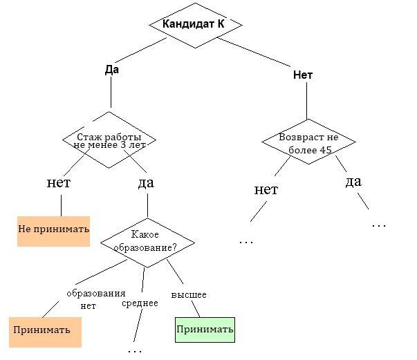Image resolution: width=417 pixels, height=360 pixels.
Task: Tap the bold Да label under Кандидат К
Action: coord(112,69)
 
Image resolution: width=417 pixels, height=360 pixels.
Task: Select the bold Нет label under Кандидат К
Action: coord(303,75)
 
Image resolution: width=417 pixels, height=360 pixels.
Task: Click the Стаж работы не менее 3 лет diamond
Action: coord(109,140)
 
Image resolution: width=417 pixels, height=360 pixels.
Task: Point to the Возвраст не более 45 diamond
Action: coord(308,143)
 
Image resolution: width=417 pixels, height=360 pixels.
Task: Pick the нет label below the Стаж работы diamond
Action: coord(59,183)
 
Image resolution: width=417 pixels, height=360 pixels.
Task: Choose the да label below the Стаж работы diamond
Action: coord(146,183)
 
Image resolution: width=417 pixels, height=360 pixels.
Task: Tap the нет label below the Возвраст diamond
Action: coord(266,189)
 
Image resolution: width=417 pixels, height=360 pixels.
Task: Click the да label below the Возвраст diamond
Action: coord(353,182)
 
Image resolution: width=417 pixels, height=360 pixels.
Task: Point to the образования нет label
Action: coord(95,299)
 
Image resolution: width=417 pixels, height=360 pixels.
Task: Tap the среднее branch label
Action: coord(139,303)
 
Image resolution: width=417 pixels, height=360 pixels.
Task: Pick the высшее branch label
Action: coord(189,295)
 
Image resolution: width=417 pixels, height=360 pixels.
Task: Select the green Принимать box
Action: coord(205,330)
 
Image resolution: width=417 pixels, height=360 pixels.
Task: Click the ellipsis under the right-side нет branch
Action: coord(246,242)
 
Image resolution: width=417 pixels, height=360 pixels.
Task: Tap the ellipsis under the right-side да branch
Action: coord(378,225)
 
